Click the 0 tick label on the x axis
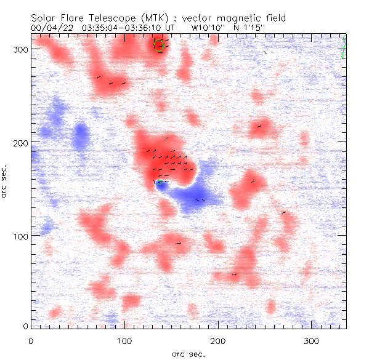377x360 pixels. pyautogui.click(x=31, y=340)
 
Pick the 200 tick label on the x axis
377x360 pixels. pyautogui.click(x=217, y=340)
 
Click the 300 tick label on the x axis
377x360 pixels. pyautogui.click(x=310, y=340)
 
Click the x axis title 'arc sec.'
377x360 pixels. pyautogui.click(x=188, y=354)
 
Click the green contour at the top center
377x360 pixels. pyautogui.click(x=159, y=46)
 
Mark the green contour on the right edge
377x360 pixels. pyautogui.click(x=344, y=49)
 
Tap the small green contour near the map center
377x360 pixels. pyautogui.click(x=160, y=182)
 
